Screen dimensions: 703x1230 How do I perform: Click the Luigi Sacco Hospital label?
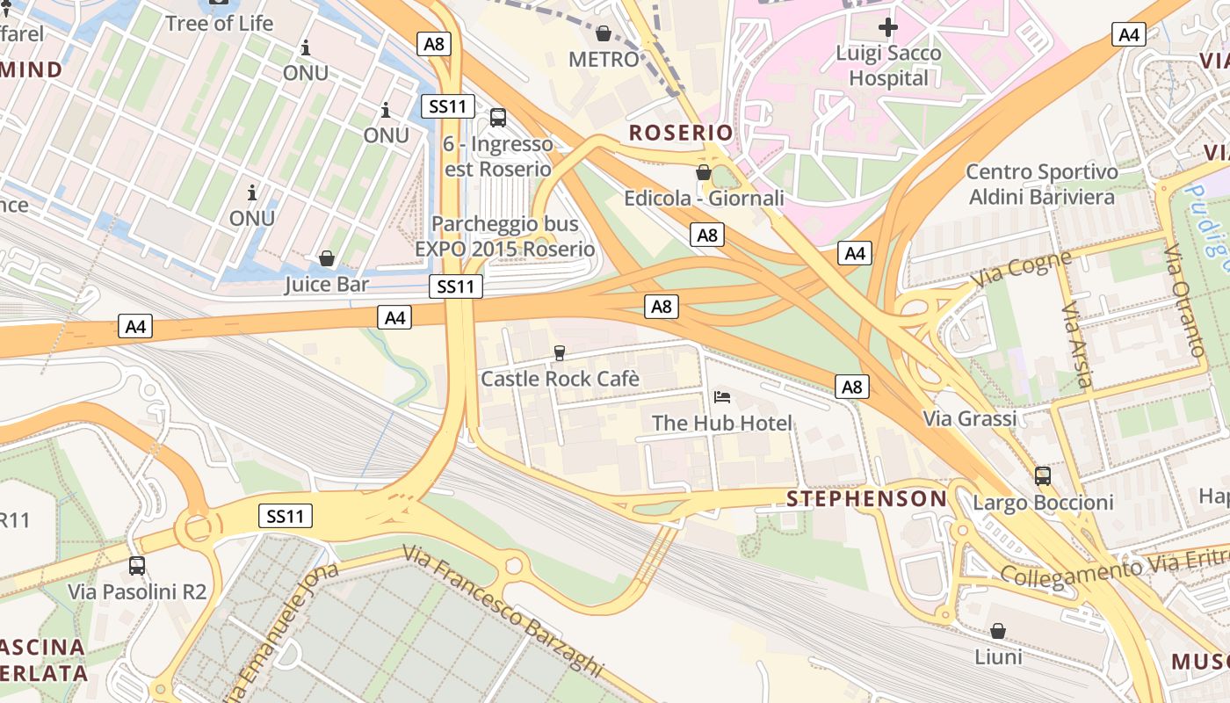tap(888, 66)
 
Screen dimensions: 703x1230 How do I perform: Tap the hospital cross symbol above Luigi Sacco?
tap(888, 27)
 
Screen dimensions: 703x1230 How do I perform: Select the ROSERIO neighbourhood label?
tap(681, 133)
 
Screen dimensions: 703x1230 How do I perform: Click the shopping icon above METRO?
tap(604, 34)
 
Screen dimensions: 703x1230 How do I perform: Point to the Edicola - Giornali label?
tap(704, 199)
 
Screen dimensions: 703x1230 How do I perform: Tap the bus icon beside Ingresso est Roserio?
tap(498, 117)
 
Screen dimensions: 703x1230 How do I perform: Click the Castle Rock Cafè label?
tap(560, 379)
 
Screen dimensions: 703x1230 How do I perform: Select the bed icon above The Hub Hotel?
tap(722, 397)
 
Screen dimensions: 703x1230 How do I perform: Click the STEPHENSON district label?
tap(866, 499)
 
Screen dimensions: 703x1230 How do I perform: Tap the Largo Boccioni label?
tap(1043, 503)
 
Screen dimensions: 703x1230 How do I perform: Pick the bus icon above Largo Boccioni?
tap(1043, 476)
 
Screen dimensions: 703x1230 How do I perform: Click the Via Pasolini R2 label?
tap(137, 591)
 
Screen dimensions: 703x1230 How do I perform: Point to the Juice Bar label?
tap(326, 285)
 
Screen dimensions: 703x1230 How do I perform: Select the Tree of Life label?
tap(220, 23)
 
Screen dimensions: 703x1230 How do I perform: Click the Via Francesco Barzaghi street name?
tap(504, 610)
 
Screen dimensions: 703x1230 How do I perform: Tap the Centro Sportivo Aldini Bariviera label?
tap(1042, 185)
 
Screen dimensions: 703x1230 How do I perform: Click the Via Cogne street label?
tap(1022, 270)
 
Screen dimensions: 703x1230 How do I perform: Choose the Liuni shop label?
tap(998, 656)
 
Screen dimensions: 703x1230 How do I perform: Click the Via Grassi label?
tap(970, 418)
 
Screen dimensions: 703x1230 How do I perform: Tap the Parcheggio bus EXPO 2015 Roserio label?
tap(504, 236)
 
